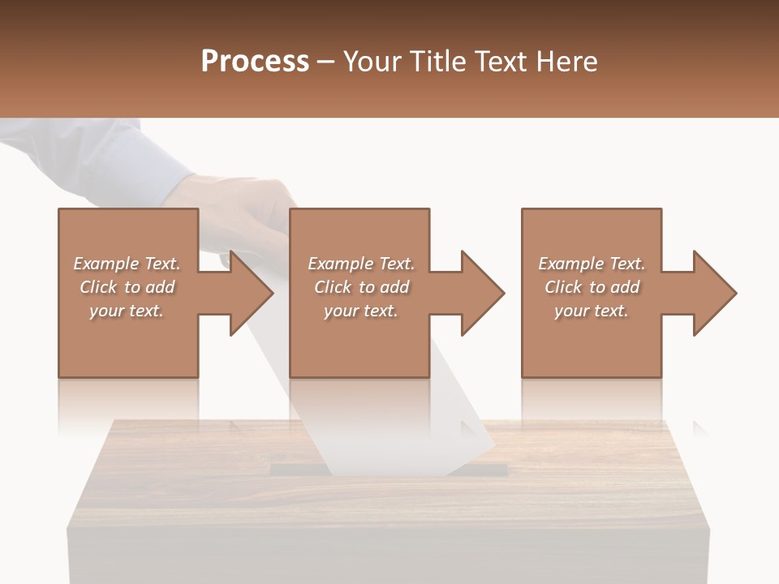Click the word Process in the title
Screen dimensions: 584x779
(x=255, y=61)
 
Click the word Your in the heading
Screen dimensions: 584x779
(x=375, y=61)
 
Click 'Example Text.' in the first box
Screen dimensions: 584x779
(x=127, y=263)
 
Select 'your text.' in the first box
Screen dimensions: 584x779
(x=127, y=311)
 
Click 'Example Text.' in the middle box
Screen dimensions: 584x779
(x=361, y=263)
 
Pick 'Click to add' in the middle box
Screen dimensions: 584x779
(x=361, y=286)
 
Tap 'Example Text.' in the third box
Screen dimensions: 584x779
(x=592, y=263)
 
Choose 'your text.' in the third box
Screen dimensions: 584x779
(x=592, y=311)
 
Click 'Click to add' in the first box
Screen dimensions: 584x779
(x=127, y=286)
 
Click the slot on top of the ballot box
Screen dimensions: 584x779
(x=487, y=469)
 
